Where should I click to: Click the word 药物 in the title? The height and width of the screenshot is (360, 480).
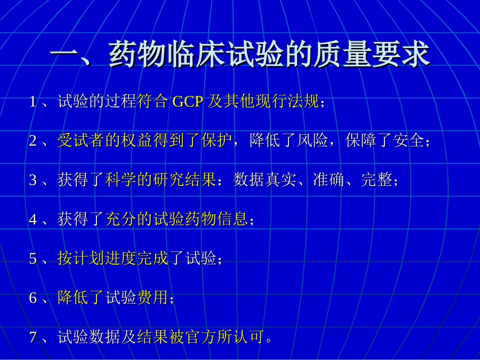click(x=139, y=55)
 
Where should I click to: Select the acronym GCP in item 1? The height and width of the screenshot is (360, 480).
click(x=188, y=102)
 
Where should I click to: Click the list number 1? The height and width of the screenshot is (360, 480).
click(x=33, y=102)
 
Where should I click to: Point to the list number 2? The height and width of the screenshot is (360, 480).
click(x=33, y=141)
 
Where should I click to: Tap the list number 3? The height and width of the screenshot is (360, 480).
click(x=33, y=180)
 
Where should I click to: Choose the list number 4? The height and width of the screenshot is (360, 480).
click(x=33, y=219)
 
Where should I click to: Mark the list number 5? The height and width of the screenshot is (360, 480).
click(x=33, y=259)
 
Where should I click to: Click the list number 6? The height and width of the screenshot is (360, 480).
click(x=33, y=298)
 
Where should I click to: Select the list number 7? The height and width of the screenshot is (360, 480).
click(x=33, y=337)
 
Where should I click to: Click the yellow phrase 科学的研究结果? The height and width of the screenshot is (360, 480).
click(x=161, y=180)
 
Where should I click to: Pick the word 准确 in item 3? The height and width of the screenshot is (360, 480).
click(x=329, y=180)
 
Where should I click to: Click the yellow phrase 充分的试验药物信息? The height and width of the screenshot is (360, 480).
click(x=177, y=219)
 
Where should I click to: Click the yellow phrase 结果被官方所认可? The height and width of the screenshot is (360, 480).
click(x=201, y=337)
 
